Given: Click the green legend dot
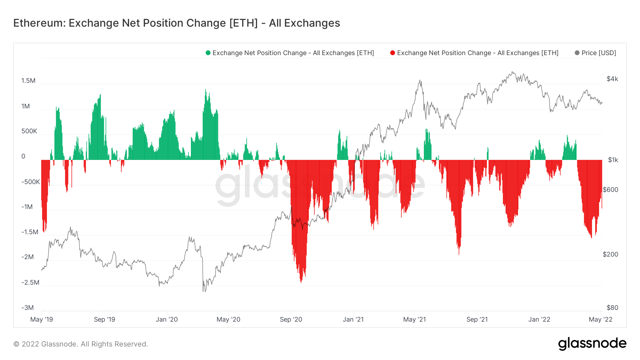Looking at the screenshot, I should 208,53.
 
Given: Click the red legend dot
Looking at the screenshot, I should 393,53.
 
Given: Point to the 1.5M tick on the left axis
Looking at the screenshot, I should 28,81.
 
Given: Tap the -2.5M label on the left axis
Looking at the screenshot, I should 30,283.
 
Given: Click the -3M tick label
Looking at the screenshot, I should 27,308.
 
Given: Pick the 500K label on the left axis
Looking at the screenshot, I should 29,131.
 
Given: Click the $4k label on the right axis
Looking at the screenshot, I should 612,79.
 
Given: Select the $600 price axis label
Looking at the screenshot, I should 610,190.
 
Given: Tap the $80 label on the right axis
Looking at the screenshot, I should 612,308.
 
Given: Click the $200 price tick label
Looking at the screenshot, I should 610,254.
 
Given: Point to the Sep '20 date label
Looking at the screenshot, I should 291,319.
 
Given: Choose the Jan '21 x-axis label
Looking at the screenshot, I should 353,319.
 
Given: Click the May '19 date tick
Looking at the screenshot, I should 42,319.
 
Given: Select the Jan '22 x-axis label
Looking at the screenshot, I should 539,319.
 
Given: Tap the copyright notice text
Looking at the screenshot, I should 81,344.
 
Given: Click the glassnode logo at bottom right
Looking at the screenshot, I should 592,344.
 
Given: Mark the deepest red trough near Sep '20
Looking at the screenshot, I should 301,282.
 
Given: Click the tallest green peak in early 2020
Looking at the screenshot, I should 206,90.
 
